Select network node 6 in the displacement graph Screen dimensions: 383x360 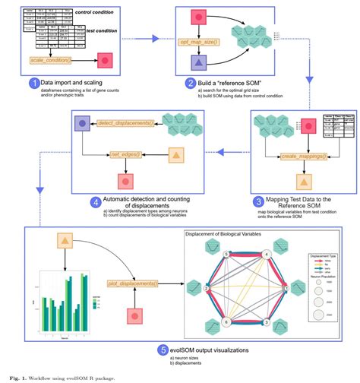226,321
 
